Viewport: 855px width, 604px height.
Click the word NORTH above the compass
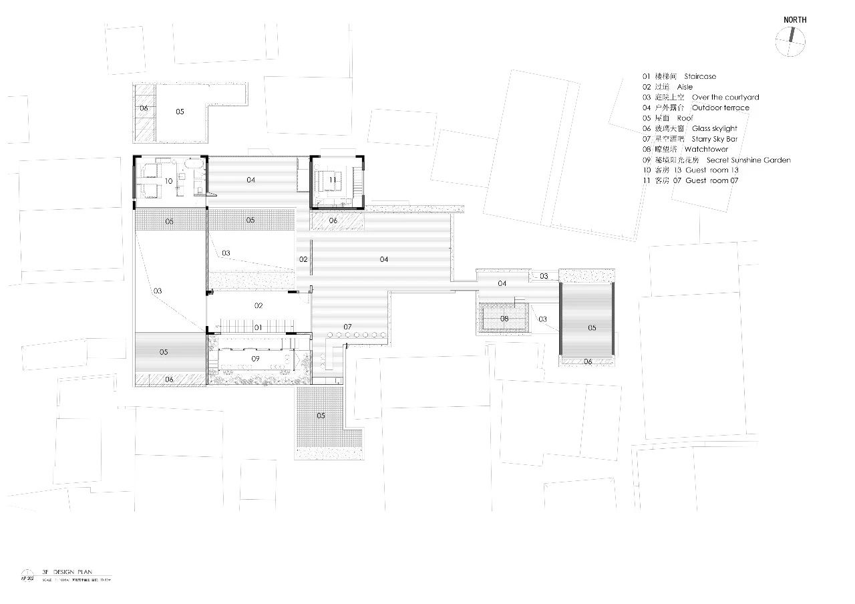point(795,20)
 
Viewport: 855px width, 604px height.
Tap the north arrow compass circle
point(791,43)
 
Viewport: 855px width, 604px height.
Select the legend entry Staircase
point(699,77)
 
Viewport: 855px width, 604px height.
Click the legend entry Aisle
point(685,87)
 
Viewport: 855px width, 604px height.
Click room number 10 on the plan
point(169,181)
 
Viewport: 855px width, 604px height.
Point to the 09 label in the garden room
point(255,359)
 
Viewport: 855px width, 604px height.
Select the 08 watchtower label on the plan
point(504,319)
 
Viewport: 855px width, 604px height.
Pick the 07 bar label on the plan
point(348,327)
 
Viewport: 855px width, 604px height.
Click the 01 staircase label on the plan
point(258,327)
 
